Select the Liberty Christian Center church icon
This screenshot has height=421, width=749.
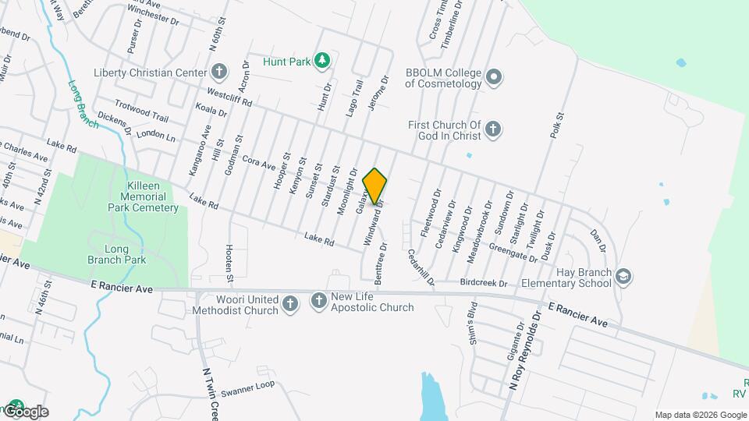[x=219, y=73]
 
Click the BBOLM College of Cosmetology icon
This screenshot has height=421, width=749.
[x=493, y=78]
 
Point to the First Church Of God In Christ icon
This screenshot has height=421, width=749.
[x=493, y=129]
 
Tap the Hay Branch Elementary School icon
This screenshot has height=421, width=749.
[x=623, y=276]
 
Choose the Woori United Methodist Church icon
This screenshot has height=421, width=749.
[x=289, y=303]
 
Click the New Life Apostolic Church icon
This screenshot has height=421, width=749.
[x=318, y=301]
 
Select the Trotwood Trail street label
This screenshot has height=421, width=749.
[x=141, y=111]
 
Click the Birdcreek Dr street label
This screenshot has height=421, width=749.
[x=484, y=282]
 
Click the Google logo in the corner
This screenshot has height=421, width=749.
[x=25, y=411]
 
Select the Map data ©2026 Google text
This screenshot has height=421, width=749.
[x=700, y=415]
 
